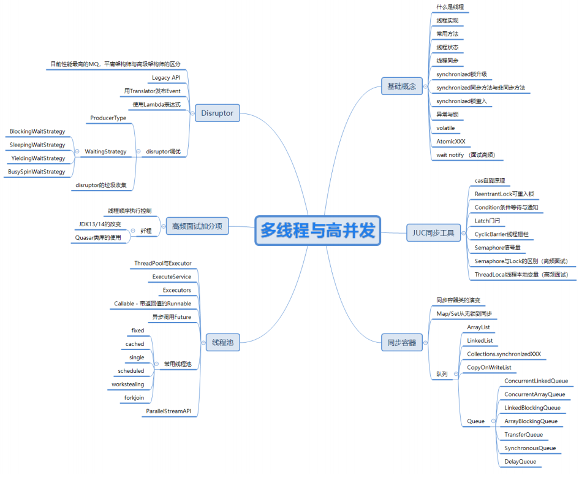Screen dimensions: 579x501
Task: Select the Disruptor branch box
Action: (x=217, y=113)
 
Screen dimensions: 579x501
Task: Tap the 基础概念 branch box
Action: (x=401, y=86)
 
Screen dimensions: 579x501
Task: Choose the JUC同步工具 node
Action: (x=433, y=232)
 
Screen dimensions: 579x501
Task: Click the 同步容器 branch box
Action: (x=401, y=343)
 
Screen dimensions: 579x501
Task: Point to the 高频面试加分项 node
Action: (x=197, y=227)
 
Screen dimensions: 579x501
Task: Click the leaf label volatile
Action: (x=445, y=128)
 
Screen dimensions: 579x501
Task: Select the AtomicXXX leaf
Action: (x=451, y=141)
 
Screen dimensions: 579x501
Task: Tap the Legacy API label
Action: (x=166, y=78)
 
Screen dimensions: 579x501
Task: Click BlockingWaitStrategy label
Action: (x=37, y=131)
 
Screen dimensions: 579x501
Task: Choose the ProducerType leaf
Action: (x=108, y=118)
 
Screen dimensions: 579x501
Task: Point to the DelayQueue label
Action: (x=520, y=462)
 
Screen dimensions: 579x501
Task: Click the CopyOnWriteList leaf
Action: (x=489, y=367)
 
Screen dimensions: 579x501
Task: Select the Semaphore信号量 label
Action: (x=498, y=248)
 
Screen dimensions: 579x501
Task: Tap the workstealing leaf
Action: (x=128, y=384)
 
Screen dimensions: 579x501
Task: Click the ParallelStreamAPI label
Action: (x=168, y=411)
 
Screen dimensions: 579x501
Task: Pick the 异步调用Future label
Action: (x=172, y=317)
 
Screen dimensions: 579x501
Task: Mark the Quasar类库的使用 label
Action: (x=98, y=237)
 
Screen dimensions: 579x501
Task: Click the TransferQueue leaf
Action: (x=523, y=435)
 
